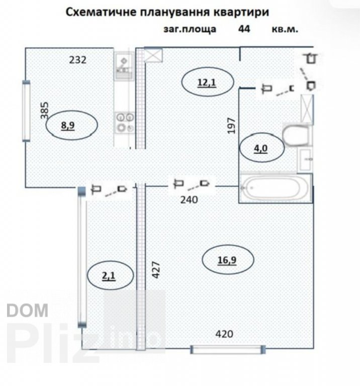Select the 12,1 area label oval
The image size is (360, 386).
(x=208, y=82)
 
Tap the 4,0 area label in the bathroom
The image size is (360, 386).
(x=261, y=148)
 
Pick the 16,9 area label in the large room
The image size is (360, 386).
(x=228, y=260)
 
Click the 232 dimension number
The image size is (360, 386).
(x=77, y=60)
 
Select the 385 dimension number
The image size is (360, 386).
(x=45, y=111)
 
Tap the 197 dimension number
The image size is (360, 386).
(x=231, y=126)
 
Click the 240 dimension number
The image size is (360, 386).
(x=189, y=200)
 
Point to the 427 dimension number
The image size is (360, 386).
(x=156, y=269)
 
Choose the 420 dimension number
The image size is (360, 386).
(x=224, y=334)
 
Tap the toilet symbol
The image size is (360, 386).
(x=296, y=135)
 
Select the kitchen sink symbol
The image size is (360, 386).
(x=124, y=66)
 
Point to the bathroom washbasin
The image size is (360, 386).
(x=305, y=160)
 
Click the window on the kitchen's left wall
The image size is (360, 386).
(x=26, y=111)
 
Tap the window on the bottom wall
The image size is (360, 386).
(x=228, y=349)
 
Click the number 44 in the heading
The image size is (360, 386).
(x=244, y=29)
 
